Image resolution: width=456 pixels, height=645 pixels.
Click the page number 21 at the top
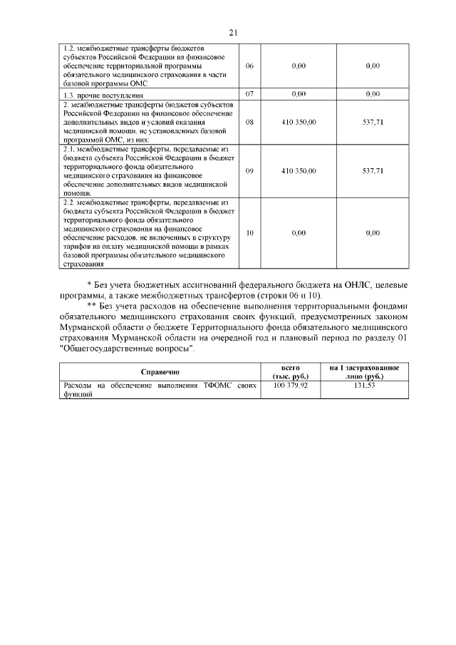[232, 32]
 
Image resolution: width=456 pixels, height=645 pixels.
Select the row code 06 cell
[249, 66]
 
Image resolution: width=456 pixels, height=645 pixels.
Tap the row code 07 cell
[249, 94]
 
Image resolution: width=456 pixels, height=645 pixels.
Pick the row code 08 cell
[249, 122]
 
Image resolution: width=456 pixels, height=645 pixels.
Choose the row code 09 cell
[249, 171]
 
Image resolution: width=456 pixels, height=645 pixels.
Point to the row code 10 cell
[249, 233]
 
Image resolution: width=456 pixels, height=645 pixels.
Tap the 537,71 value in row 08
[373, 122]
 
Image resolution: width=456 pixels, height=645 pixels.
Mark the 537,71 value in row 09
[373, 171]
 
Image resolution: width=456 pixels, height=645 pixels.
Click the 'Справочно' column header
[160, 371]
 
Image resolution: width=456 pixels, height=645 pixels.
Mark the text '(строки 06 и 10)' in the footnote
[289, 296]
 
